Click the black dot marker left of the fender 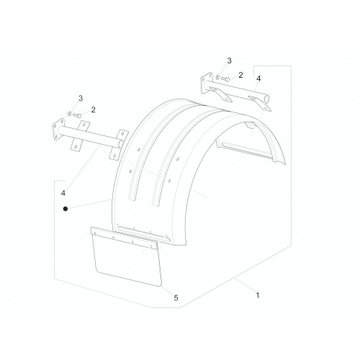coord(66,209)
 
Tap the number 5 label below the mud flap coord(176,298)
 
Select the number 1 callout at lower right coord(258,295)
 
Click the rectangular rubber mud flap coord(127,261)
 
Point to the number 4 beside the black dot coord(63,193)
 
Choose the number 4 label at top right coord(258,78)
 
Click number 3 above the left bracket coord(81,98)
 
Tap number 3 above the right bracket coord(229,60)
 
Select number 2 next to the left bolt coord(93,109)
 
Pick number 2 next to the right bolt coord(240,75)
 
